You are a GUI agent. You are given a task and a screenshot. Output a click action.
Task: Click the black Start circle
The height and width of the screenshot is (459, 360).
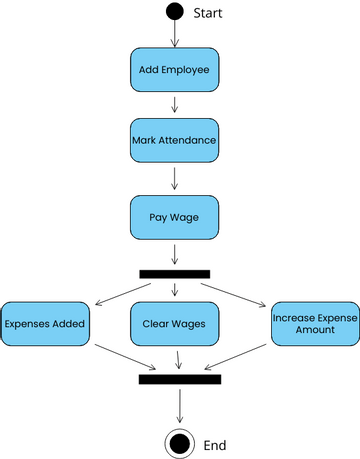click(175, 12)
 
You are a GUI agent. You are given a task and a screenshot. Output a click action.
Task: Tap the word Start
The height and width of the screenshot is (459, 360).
click(207, 13)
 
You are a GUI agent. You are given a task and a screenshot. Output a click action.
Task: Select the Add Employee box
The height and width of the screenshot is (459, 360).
click(175, 70)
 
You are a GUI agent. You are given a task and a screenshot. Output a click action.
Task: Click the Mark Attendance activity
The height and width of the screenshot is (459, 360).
click(175, 141)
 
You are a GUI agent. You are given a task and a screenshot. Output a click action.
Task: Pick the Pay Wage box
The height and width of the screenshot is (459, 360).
click(175, 215)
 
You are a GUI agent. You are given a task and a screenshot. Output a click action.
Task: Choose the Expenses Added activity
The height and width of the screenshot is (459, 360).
click(45, 324)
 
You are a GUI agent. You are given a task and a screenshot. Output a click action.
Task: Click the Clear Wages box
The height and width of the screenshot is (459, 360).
click(175, 324)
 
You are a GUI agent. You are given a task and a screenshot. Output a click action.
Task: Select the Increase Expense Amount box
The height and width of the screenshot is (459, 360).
click(315, 324)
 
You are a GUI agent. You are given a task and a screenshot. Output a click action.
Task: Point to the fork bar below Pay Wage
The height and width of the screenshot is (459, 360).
click(175, 273)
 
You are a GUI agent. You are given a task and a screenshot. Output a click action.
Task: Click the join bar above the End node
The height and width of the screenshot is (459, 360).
click(180, 379)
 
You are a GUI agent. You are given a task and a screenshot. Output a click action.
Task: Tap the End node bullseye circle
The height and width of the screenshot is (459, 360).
click(180, 442)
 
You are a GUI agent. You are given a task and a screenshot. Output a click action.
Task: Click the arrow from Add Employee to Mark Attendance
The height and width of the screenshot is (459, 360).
click(175, 105)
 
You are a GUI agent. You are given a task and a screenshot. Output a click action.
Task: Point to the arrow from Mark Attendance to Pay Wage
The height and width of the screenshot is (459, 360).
click(175, 178)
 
